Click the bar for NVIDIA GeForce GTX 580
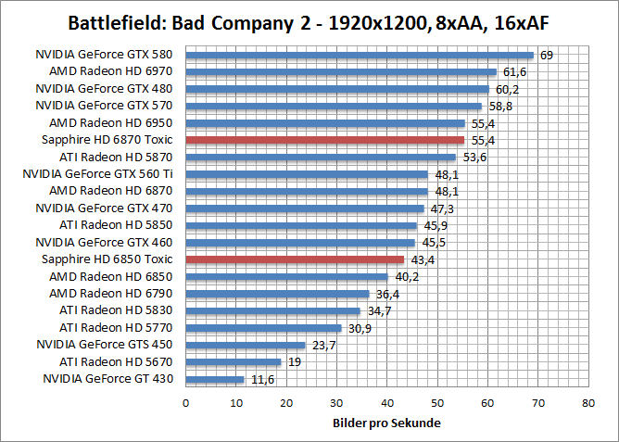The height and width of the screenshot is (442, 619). tap(360, 55)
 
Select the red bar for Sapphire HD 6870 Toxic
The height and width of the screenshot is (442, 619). tap(325, 140)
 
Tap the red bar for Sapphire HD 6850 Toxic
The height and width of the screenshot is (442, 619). tap(295, 259)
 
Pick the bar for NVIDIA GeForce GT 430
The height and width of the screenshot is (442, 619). tap(215, 379)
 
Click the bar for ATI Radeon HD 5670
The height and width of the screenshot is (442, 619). tap(234, 362)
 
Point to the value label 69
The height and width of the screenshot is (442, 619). tap(547, 56)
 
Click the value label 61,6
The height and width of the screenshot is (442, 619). tap(514, 72)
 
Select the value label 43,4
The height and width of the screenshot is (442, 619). tap(423, 259)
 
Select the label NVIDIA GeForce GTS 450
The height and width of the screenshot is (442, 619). tap(105, 345)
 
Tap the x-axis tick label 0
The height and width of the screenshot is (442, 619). tap(186, 403)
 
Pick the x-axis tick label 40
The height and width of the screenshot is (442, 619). tap(387, 403)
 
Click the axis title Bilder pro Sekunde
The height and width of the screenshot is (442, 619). tap(386, 423)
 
